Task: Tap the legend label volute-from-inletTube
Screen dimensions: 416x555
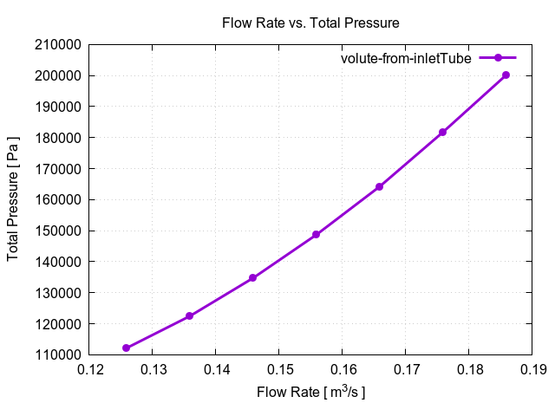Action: point(405,58)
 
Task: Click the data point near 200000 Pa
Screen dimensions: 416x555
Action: point(506,75)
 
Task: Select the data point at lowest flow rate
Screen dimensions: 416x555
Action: point(127,348)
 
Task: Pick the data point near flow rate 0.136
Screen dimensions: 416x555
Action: point(190,315)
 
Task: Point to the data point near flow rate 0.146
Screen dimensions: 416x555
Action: point(253,277)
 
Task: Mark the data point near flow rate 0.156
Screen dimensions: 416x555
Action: point(317,234)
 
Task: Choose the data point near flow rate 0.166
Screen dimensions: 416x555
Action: point(380,186)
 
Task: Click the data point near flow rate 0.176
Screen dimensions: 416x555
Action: point(443,132)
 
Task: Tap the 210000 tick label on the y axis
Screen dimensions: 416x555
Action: point(58,45)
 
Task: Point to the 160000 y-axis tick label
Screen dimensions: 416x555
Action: point(58,200)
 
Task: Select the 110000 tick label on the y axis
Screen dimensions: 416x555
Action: point(58,355)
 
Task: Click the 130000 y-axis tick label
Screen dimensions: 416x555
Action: point(58,293)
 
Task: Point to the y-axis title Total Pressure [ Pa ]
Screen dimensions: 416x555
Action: point(14,200)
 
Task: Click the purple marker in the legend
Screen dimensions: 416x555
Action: point(499,58)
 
